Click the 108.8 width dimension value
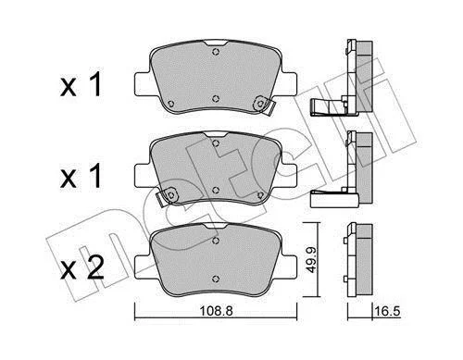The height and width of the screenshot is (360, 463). click(216, 311)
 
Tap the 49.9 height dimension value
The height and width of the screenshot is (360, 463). click(312, 258)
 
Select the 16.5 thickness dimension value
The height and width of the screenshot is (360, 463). click(387, 311)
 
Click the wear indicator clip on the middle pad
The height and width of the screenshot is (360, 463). click(167, 196)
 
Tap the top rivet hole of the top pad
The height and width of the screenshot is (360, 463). click(216, 52)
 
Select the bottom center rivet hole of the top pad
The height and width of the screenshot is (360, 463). click(216, 99)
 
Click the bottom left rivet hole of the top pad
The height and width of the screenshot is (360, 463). click(171, 104)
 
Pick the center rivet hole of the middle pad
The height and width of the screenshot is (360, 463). click(216, 190)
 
